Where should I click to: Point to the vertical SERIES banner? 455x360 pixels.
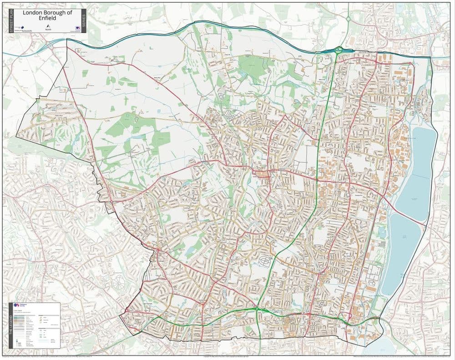coord(83,21)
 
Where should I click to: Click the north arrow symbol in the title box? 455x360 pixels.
coord(47,26)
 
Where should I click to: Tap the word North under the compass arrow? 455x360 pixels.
coord(47,30)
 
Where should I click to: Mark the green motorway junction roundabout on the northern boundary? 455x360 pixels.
coord(339,50)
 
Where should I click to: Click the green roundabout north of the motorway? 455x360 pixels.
coord(348,19)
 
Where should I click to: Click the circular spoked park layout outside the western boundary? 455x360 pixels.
coord(119,283)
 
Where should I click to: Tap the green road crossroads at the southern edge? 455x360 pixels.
coord(258,309)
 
